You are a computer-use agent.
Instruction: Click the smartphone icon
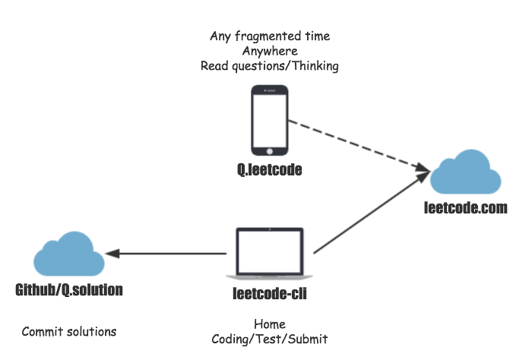[270, 120]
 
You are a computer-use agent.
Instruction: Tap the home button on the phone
[270, 151]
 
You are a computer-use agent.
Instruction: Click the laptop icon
[269, 254]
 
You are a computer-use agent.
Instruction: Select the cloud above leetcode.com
[465, 172]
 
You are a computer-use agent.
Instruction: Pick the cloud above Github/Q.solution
[69, 254]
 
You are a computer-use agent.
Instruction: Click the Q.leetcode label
[269, 169]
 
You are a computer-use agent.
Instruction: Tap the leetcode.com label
[465, 207]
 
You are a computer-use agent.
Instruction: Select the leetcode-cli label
[270, 293]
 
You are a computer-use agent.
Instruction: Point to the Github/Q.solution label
[69, 290]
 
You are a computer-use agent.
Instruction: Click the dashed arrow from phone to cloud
[359, 147]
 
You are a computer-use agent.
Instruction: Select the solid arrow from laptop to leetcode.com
[372, 213]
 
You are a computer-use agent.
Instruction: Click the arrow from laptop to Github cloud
[166, 253]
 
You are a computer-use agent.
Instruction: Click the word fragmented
[268, 36]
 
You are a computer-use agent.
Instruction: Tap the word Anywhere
[270, 51]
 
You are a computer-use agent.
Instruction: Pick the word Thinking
[315, 66]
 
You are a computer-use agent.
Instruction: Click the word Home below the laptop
[270, 324]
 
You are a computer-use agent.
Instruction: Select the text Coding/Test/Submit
[270, 339]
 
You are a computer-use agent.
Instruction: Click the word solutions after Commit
[92, 332]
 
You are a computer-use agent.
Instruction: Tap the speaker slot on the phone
[271, 90]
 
